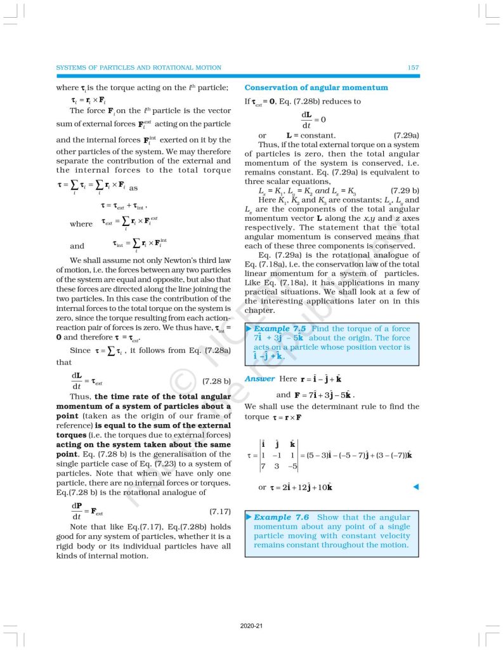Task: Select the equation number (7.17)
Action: [219, 511]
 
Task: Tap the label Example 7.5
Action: [281, 329]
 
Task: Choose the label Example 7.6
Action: [281, 517]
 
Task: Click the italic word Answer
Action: [260, 379]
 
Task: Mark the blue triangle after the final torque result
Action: [415, 487]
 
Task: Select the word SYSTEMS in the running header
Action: [71, 67]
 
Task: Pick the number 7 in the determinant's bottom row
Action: [263, 467]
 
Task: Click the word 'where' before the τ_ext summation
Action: [81, 224]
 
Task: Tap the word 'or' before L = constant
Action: [263, 135]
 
